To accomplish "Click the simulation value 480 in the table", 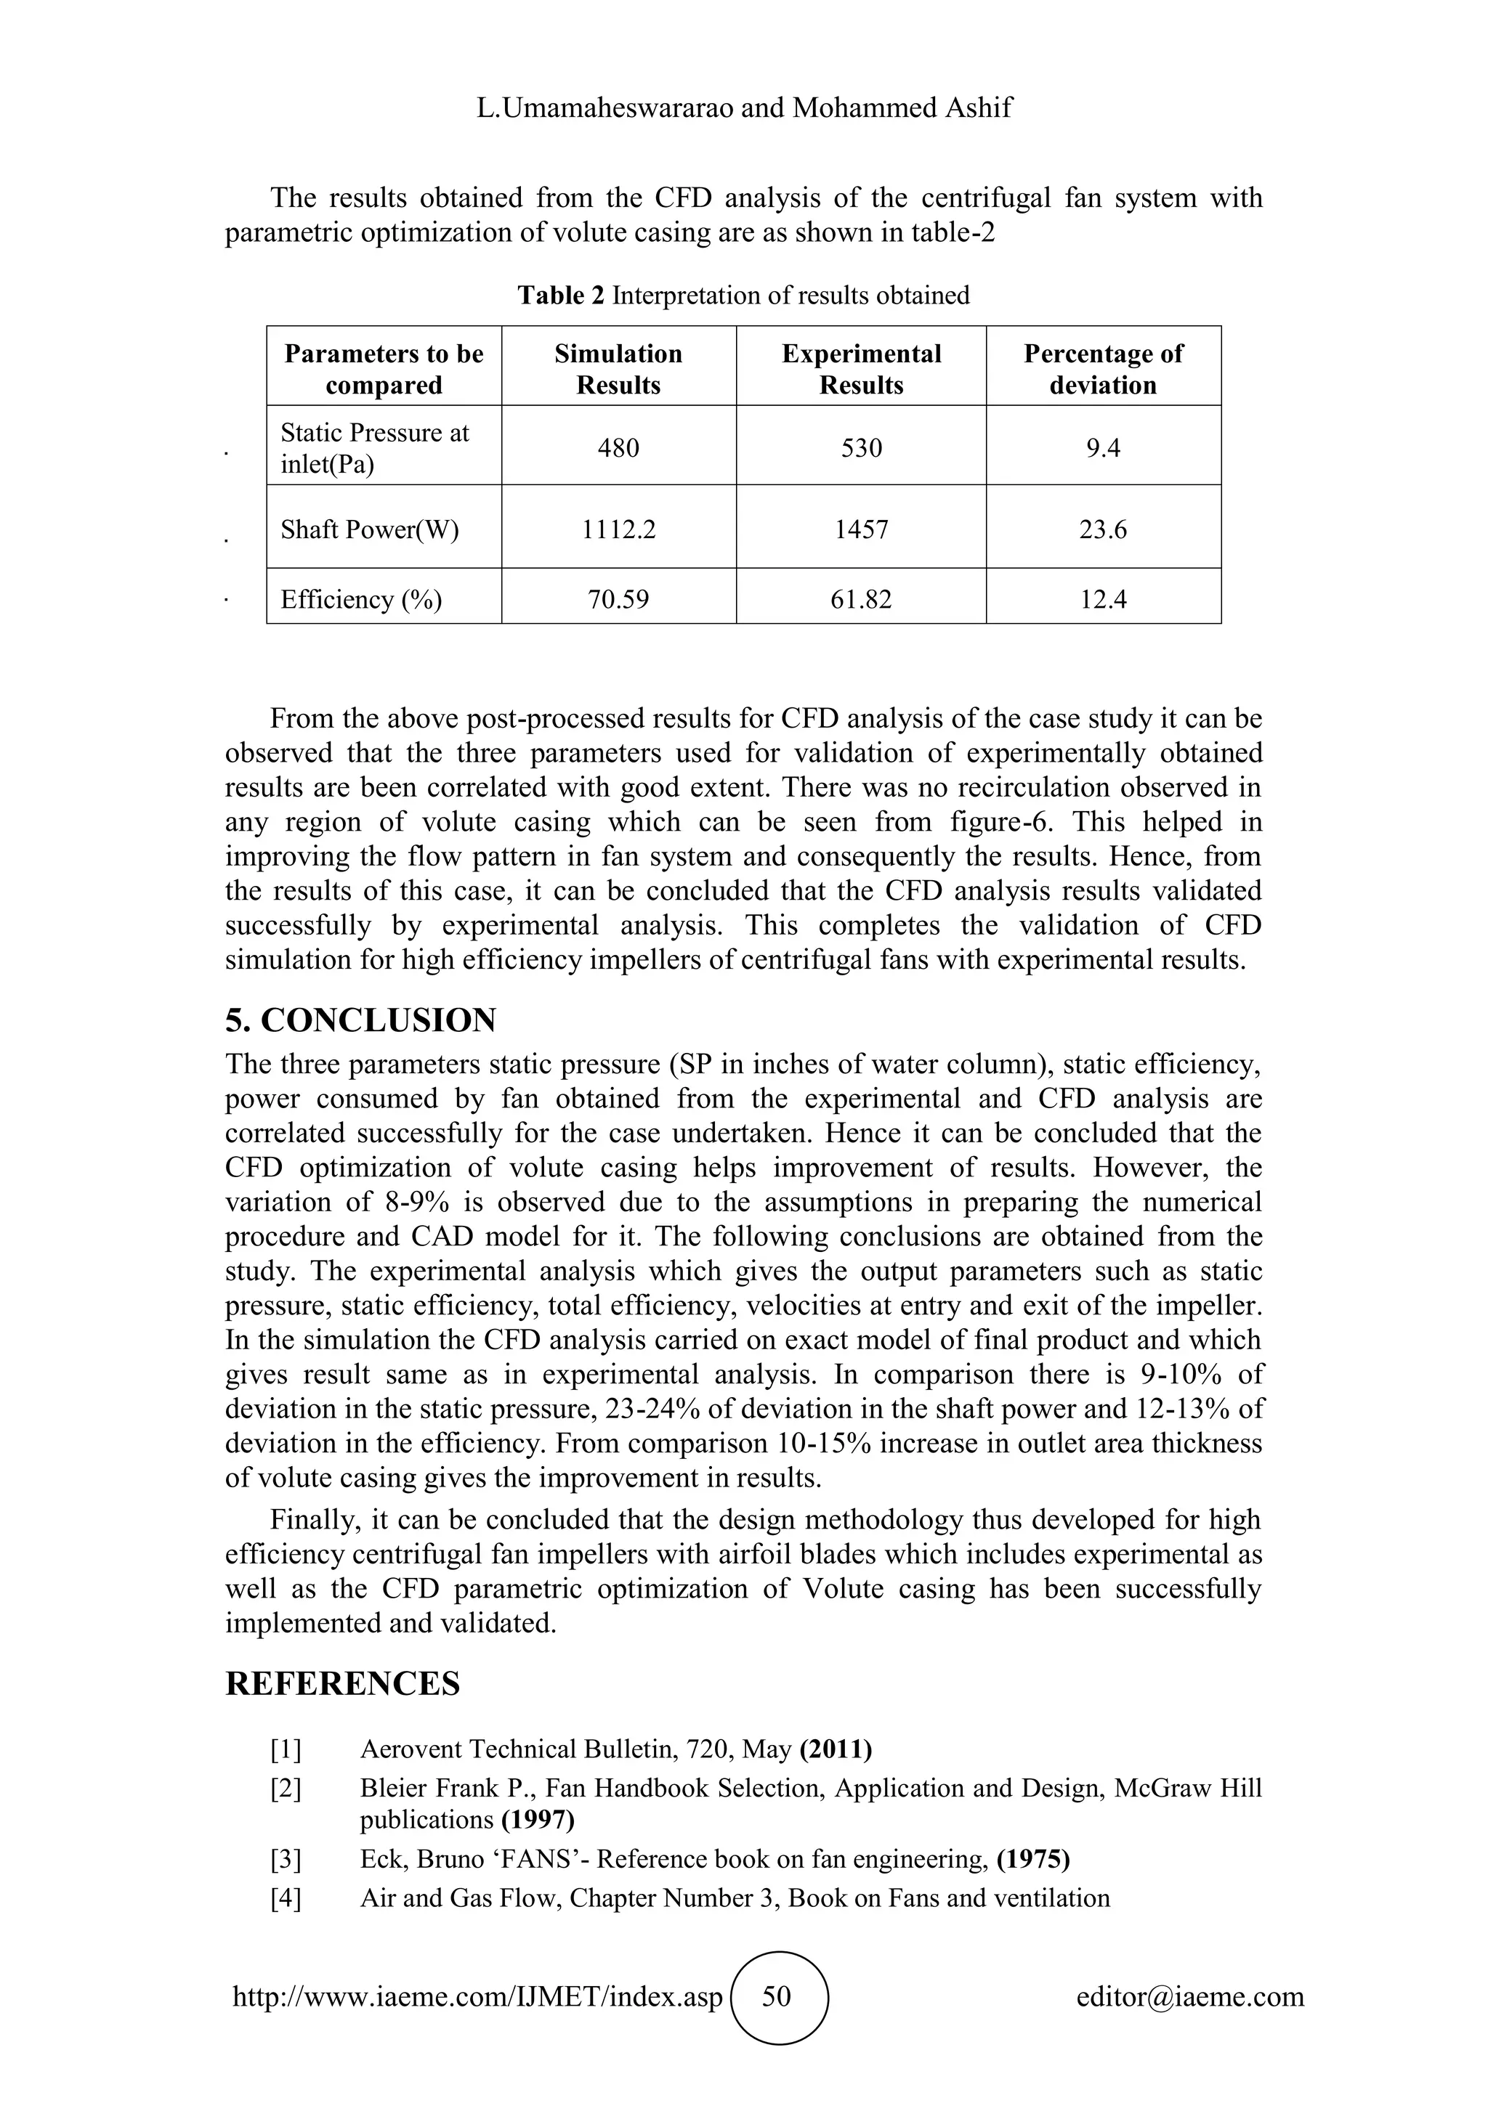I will click(x=618, y=448).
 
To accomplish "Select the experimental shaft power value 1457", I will click(x=860, y=529).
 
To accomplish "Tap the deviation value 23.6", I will click(x=1102, y=529).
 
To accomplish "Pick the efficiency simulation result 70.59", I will click(x=618, y=600).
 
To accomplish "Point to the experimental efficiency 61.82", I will click(x=860, y=600).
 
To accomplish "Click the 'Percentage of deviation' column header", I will click(x=1102, y=369).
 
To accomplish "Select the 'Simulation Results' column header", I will click(x=618, y=369).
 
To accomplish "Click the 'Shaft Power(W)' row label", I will click(x=369, y=529).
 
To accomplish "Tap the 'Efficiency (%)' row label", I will click(x=361, y=600).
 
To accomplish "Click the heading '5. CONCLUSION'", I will click(x=361, y=1020).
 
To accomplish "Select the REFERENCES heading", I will click(x=343, y=1683).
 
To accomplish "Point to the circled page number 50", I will click(x=777, y=1996).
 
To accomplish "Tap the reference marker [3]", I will click(x=285, y=1859).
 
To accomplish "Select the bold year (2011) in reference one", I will click(x=836, y=1749).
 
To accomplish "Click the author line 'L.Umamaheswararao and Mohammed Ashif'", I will click(x=744, y=108).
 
